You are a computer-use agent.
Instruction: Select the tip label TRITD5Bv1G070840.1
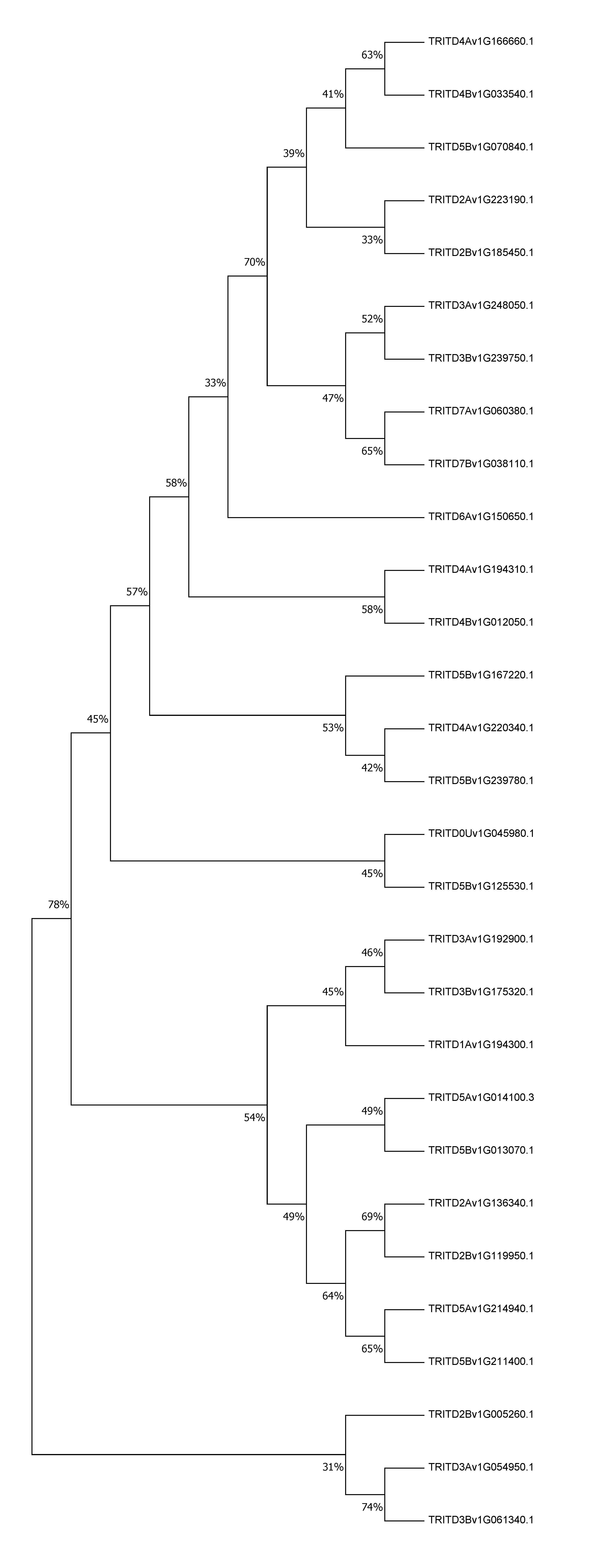481,147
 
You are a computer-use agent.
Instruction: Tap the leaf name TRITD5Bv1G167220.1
481,675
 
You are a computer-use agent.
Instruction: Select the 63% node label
372,55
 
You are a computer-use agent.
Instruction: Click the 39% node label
294,154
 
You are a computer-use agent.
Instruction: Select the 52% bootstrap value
372,319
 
